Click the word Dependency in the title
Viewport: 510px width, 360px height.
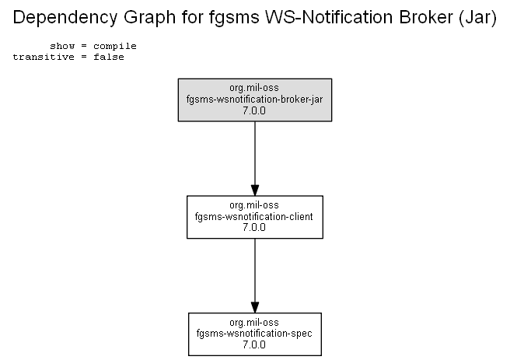[65, 18]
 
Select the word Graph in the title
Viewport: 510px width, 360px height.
[149, 18]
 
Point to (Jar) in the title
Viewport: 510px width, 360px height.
[478, 18]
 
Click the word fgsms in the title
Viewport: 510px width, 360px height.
[234, 18]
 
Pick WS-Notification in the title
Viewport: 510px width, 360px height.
[329, 17]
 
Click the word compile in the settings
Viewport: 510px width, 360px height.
[115, 47]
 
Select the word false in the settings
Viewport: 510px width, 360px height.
[109, 57]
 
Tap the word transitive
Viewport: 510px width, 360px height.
[44, 57]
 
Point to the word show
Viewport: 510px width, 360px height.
[62, 46]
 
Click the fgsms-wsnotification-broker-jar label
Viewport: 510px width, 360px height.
[255, 100]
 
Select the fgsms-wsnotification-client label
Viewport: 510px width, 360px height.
[254, 217]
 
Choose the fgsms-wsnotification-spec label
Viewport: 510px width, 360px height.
[254, 334]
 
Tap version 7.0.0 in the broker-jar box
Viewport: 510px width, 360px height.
[254, 110]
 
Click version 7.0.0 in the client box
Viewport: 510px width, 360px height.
[254, 227]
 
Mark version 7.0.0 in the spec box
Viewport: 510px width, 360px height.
[254, 344]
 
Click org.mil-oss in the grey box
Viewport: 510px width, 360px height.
[254, 88]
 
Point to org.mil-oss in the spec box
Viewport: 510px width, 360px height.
[254, 323]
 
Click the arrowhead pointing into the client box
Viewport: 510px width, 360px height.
[255, 190]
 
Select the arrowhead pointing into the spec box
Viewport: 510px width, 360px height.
[255, 307]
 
